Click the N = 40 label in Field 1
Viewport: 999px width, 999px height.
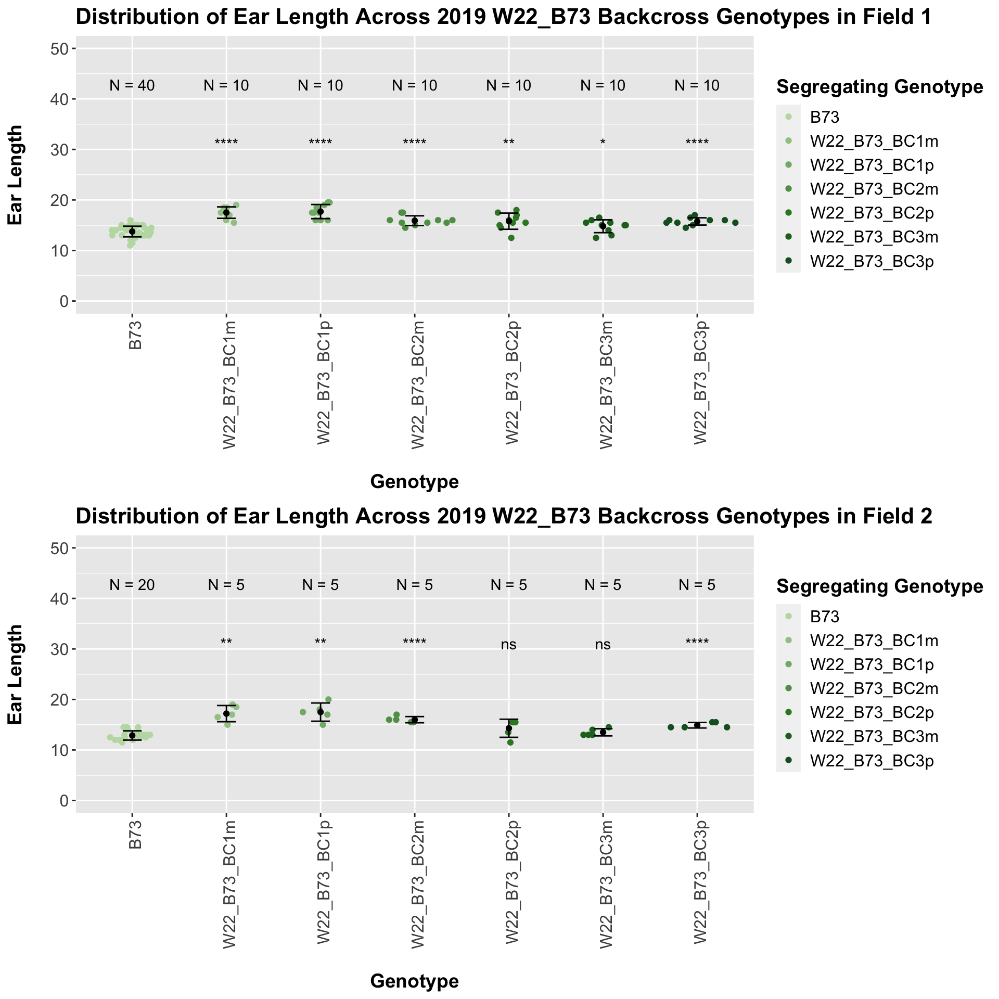click(x=132, y=86)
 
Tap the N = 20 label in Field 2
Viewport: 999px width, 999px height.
click(x=132, y=585)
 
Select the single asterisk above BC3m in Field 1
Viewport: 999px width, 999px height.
click(x=603, y=143)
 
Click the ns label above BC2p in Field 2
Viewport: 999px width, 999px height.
click(x=509, y=645)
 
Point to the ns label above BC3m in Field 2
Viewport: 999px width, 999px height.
click(x=603, y=645)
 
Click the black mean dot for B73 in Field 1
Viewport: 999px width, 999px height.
click(x=132, y=232)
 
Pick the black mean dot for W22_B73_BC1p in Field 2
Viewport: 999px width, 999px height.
click(x=321, y=712)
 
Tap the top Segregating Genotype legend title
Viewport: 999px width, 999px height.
click(x=879, y=87)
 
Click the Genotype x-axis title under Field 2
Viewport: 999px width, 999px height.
click(x=414, y=981)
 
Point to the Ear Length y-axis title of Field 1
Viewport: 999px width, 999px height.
click(x=16, y=175)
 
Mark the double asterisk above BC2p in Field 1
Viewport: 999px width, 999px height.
click(x=509, y=143)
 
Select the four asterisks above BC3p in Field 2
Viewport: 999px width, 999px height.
click(x=697, y=642)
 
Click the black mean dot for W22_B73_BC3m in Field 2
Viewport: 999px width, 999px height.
click(x=603, y=732)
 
